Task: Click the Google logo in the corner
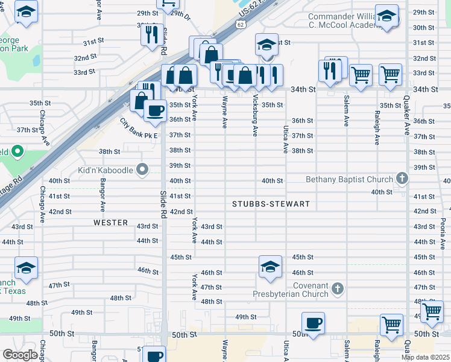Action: (20, 355)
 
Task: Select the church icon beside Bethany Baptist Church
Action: (402, 179)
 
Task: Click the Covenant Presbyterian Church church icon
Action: (338, 289)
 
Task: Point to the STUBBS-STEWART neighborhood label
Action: (271, 204)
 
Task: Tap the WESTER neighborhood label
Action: (111, 223)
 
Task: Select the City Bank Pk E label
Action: (138, 128)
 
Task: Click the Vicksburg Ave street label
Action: (256, 115)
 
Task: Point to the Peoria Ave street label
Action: (443, 229)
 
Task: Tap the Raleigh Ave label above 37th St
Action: (377, 127)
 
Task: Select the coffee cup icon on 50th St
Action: (313, 323)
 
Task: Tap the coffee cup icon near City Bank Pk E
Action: (155, 110)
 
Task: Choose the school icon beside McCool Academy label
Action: (386, 16)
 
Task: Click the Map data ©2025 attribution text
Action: (426, 357)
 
